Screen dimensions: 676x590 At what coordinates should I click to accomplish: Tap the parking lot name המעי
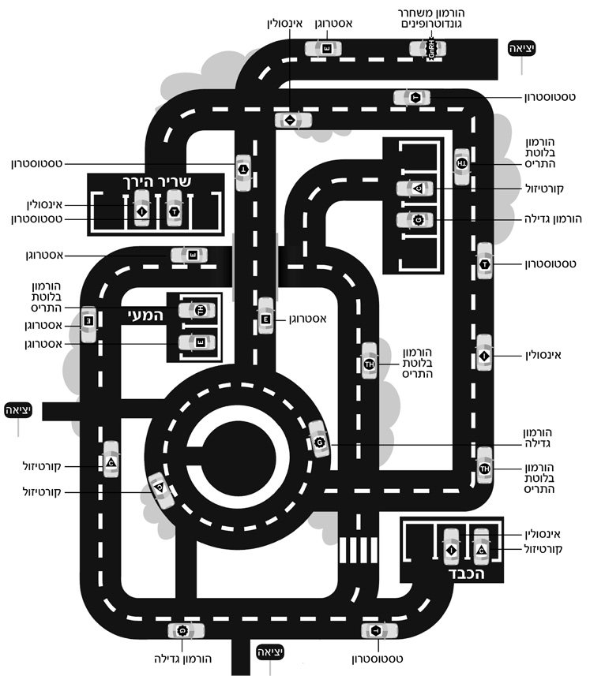[x=145, y=315]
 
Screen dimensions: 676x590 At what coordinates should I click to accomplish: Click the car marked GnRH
[x=427, y=49]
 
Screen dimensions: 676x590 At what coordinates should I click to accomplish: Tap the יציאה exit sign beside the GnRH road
[x=522, y=48]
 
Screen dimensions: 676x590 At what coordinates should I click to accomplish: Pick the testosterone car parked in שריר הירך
[x=174, y=209]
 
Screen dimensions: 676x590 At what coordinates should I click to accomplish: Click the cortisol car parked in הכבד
[x=481, y=549]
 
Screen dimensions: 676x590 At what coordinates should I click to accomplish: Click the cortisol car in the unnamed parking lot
[x=418, y=189]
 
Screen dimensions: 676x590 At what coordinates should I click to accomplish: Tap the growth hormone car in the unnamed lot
[x=418, y=219]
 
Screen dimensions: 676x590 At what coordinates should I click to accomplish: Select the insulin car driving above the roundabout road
[x=291, y=120]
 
